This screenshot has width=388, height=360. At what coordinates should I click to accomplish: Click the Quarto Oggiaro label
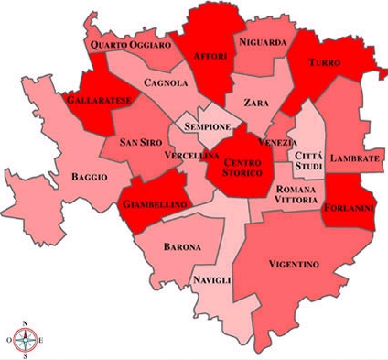pyautogui.click(x=131, y=44)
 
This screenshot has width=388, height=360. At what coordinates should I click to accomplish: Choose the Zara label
pyautogui.click(x=256, y=104)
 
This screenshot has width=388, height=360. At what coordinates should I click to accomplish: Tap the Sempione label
pyautogui.click(x=206, y=126)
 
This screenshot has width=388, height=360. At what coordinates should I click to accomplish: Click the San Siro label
pyautogui.click(x=141, y=142)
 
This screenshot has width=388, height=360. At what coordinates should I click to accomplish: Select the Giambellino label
pyautogui.click(x=154, y=203)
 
